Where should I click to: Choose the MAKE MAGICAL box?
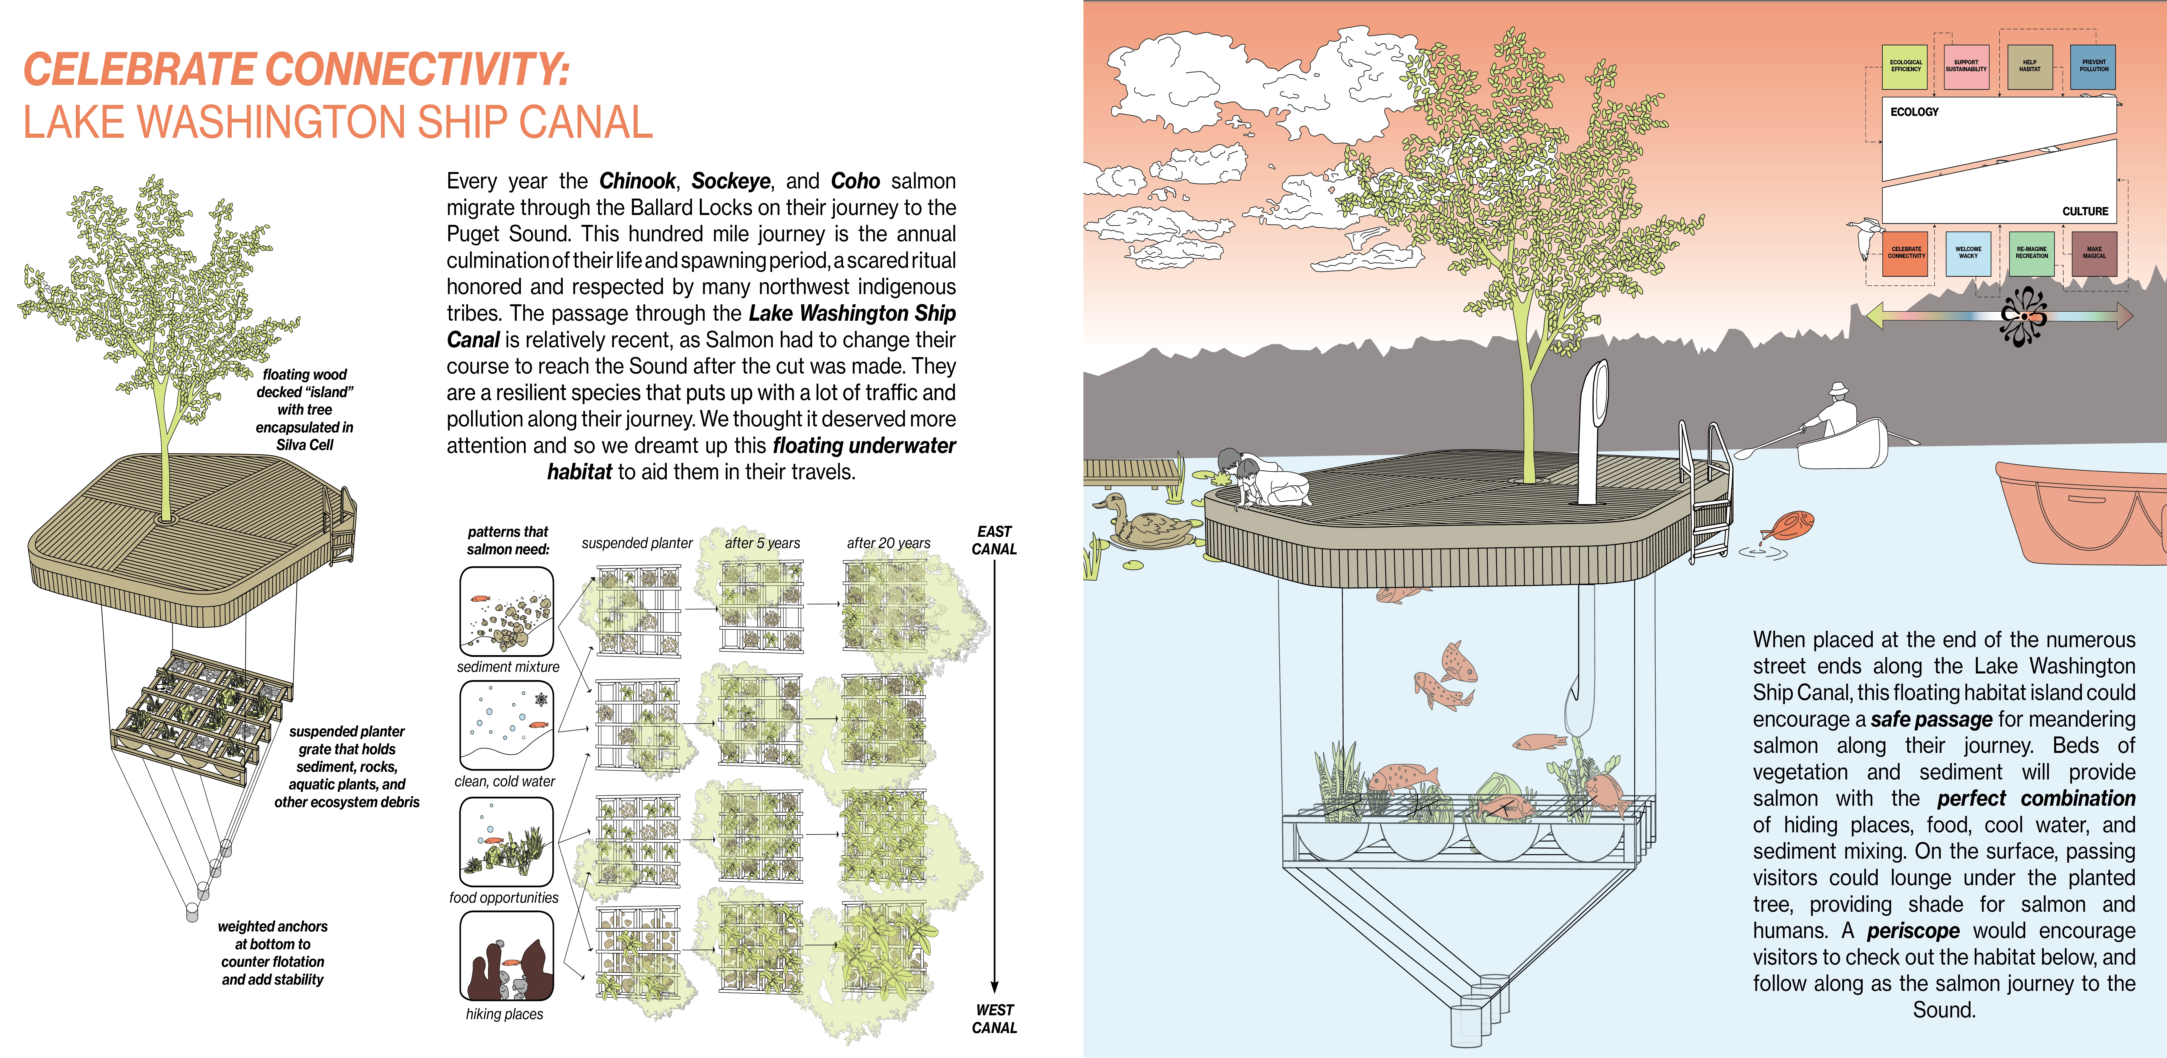(x=2094, y=253)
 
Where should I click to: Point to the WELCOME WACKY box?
(x=1968, y=253)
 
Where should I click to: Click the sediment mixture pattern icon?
(x=506, y=611)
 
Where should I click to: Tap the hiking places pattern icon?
(x=506, y=956)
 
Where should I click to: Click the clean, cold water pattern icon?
(x=506, y=725)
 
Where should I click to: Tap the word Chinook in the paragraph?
(x=637, y=181)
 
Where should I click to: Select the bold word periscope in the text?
(x=1913, y=931)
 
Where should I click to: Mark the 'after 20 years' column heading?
(x=888, y=543)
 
